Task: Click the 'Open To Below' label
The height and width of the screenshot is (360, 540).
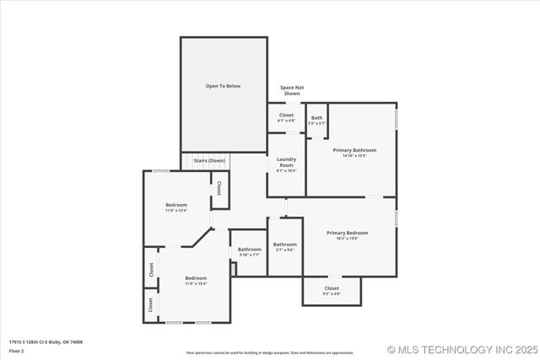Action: [x=224, y=86]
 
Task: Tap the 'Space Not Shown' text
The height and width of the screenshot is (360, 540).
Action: [x=292, y=90]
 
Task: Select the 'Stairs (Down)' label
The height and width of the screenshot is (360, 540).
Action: [x=209, y=160]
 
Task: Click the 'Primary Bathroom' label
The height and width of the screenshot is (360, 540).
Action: [x=354, y=150]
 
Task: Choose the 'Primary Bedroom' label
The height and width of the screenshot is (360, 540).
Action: [x=348, y=233]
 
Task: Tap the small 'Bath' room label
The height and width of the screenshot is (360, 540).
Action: [x=316, y=118]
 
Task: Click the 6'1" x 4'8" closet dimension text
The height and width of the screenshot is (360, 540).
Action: [x=287, y=121]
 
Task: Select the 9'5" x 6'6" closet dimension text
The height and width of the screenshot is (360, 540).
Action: [x=332, y=294]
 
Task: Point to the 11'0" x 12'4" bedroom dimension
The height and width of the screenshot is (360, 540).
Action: [x=176, y=210]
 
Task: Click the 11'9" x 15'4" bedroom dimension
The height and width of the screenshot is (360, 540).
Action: [x=196, y=284]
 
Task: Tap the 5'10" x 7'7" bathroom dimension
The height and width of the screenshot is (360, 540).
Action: [x=249, y=255]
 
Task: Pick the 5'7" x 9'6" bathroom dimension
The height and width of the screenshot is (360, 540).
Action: [x=284, y=250]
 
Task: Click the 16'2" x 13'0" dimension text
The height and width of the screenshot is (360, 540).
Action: [x=348, y=239]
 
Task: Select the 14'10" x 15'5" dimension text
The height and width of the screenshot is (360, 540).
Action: [x=354, y=156]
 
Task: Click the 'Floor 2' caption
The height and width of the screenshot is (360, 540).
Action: [x=16, y=350]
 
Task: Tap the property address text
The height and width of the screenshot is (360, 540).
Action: [x=46, y=342]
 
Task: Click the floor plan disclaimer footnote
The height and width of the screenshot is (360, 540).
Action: [x=270, y=352]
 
